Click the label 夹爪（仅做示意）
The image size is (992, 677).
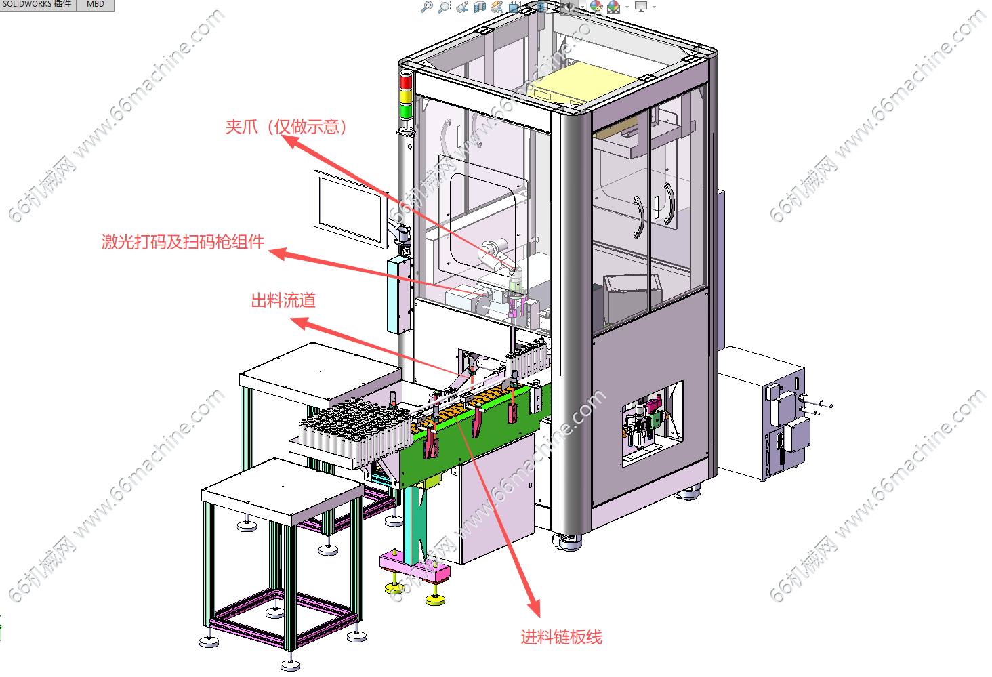[x=286, y=127]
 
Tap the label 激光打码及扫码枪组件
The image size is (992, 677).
[x=182, y=242]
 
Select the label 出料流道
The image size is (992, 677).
[x=283, y=300]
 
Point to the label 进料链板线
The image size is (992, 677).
[x=561, y=637]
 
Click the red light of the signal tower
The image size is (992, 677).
[x=406, y=82]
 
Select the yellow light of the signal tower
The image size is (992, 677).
[x=406, y=97]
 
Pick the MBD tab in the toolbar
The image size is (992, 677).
[x=96, y=5]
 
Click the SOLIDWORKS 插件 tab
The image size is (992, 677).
[x=37, y=5]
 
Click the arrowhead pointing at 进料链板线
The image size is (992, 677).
[x=534, y=607]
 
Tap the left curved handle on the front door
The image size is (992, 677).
[x=638, y=217]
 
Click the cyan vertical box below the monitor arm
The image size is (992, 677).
[x=399, y=295]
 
